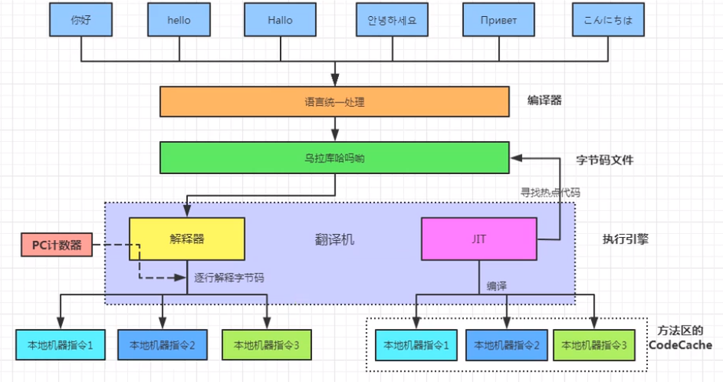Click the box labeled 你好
click(x=81, y=21)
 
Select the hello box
click(x=179, y=21)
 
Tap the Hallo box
click(x=280, y=21)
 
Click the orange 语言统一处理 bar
click(x=334, y=101)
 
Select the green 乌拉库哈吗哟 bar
click(x=334, y=157)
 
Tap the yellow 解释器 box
click(x=186, y=239)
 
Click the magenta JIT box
click(x=478, y=239)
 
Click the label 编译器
click(x=544, y=100)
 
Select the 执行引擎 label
click(x=626, y=239)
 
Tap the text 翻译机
click(x=336, y=240)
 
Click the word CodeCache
click(x=680, y=345)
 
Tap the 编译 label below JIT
click(x=496, y=285)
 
